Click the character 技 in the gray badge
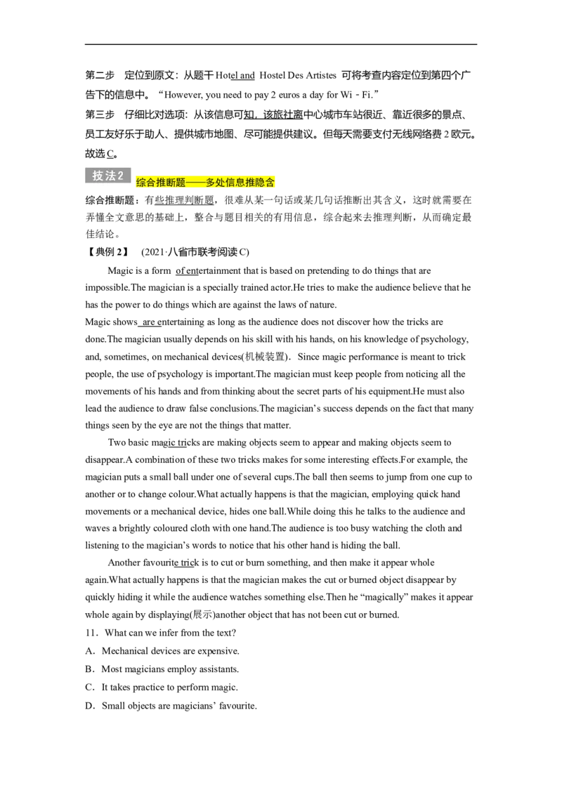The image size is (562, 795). coord(98,176)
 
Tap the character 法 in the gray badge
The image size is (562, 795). coord(110,176)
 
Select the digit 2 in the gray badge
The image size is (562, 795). coord(121,176)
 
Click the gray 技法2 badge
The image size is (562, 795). coord(109,176)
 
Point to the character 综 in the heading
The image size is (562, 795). coord(141,183)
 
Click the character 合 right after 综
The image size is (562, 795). coord(151,183)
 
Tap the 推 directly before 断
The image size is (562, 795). coord(161,183)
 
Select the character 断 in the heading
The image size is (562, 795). coord(171,183)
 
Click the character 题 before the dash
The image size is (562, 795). coord(181,183)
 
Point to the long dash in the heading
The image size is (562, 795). coord(195,183)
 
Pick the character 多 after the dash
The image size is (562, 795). coord(211,183)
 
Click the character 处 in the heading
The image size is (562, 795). coord(221,183)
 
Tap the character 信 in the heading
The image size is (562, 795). coord(230,183)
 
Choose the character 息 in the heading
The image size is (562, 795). coord(240,183)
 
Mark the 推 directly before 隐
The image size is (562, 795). coord(250,183)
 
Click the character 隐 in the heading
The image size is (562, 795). coord(260,183)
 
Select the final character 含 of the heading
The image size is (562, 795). coord(270,183)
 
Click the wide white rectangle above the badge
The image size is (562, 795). coord(140,154)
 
